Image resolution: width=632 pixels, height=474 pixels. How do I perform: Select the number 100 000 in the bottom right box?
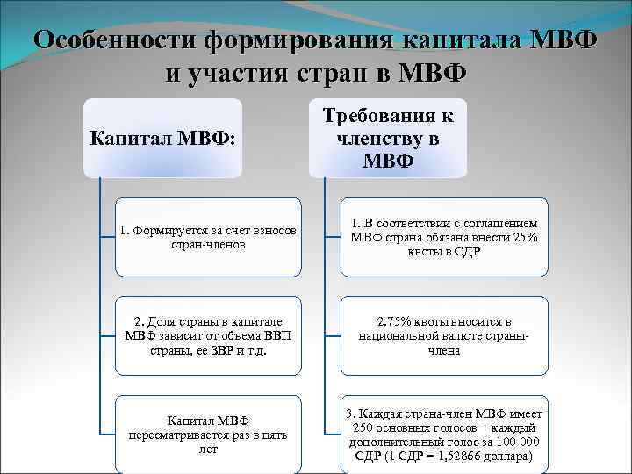click(519, 442)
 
